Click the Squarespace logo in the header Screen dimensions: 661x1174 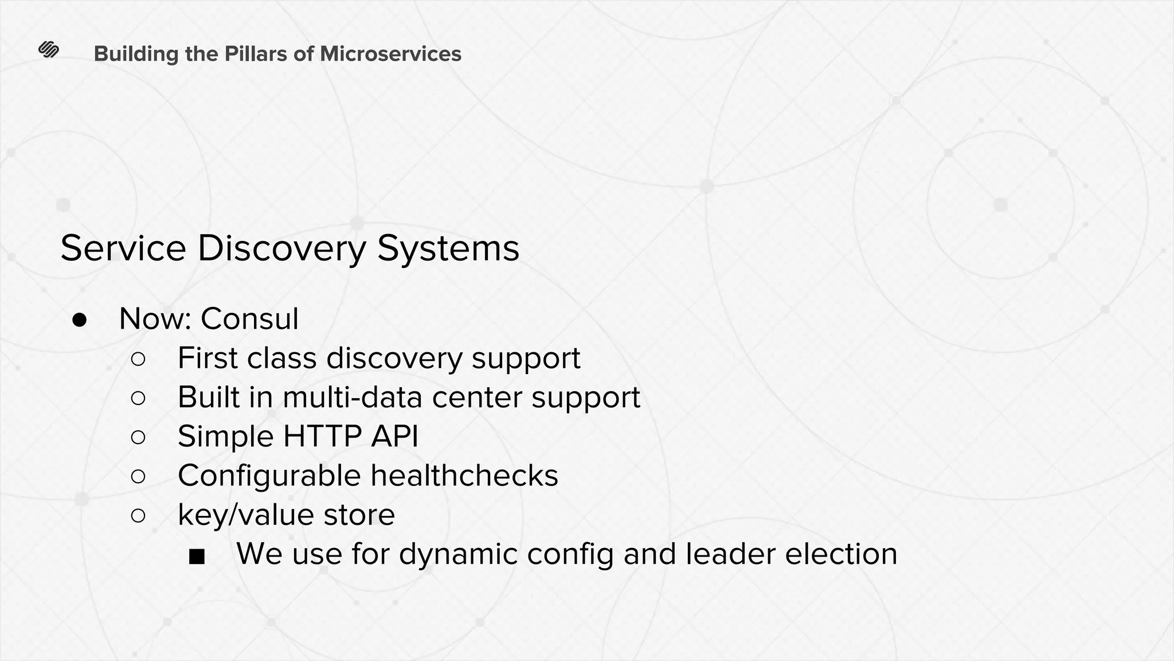coord(49,50)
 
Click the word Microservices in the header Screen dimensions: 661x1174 coord(390,54)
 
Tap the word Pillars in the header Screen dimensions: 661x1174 coord(255,54)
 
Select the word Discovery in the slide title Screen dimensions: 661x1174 coord(281,249)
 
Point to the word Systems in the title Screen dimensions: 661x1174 coord(448,249)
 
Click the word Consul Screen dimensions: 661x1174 coord(249,318)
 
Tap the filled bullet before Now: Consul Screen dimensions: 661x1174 coord(79,320)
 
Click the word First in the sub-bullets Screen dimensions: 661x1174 coord(207,358)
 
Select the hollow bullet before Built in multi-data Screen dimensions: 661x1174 coord(138,398)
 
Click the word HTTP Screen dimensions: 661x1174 coord(322,436)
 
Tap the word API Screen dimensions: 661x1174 coord(394,436)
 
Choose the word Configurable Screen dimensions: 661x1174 coord(269,476)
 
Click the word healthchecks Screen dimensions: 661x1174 coord(464,476)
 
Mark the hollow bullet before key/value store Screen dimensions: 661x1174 coord(138,515)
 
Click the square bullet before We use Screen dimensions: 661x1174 coord(197,556)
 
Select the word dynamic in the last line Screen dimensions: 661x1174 coord(458,555)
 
